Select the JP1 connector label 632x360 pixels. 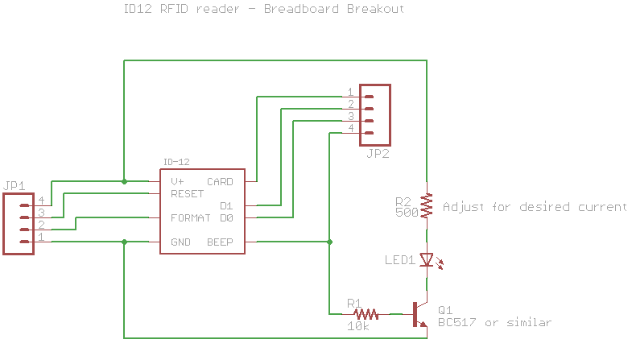click(x=15, y=186)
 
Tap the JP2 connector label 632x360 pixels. click(x=377, y=154)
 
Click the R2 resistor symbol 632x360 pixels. click(x=427, y=206)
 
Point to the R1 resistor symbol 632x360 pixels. click(x=367, y=313)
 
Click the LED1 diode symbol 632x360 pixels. click(x=427, y=260)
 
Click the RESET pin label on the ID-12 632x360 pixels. click(x=187, y=194)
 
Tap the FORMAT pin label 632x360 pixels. click(x=190, y=218)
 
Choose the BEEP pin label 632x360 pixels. click(x=220, y=242)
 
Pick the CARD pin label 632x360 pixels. click(x=220, y=182)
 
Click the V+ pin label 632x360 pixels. click(x=177, y=182)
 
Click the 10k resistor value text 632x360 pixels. click(x=358, y=326)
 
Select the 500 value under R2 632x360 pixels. click(x=407, y=213)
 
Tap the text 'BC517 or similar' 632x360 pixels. click(x=494, y=323)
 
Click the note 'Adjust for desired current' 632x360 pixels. click(x=535, y=207)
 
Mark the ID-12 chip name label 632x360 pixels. click(x=176, y=162)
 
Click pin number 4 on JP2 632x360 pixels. click(x=351, y=128)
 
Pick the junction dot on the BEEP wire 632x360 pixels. click(x=329, y=242)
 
